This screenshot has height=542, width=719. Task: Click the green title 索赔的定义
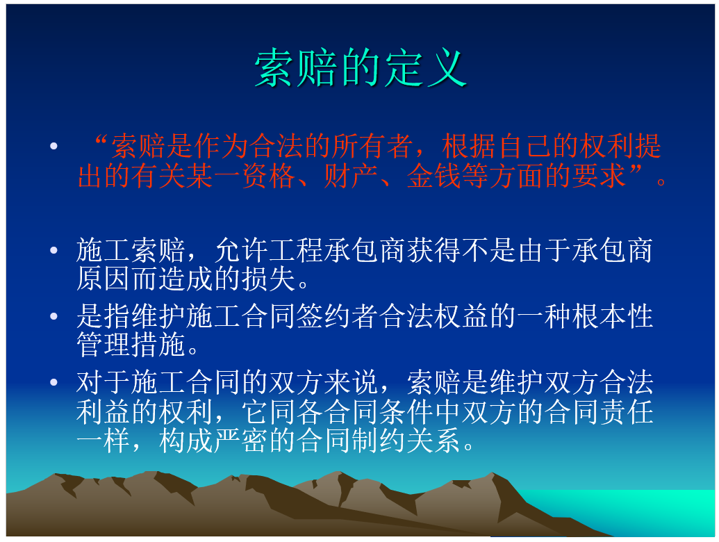[x=361, y=68]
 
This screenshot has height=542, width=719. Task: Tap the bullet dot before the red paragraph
[x=53, y=146]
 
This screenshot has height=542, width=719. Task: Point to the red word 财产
[x=351, y=176]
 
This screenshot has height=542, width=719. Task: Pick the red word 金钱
[x=433, y=176]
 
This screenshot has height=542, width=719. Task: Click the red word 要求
[x=598, y=176]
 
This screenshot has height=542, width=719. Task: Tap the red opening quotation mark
[x=100, y=140]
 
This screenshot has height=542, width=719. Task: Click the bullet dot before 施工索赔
[x=53, y=250]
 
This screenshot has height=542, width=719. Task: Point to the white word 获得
[x=433, y=250]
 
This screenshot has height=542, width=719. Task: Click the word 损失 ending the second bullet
[x=268, y=279]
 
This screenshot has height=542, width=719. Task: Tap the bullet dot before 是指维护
[x=53, y=316]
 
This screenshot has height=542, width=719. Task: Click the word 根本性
[x=613, y=316]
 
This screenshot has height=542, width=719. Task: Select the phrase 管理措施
[x=131, y=345]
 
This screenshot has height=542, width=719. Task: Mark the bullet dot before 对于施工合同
[x=53, y=382]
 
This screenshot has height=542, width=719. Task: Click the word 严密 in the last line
[x=240, y=441]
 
